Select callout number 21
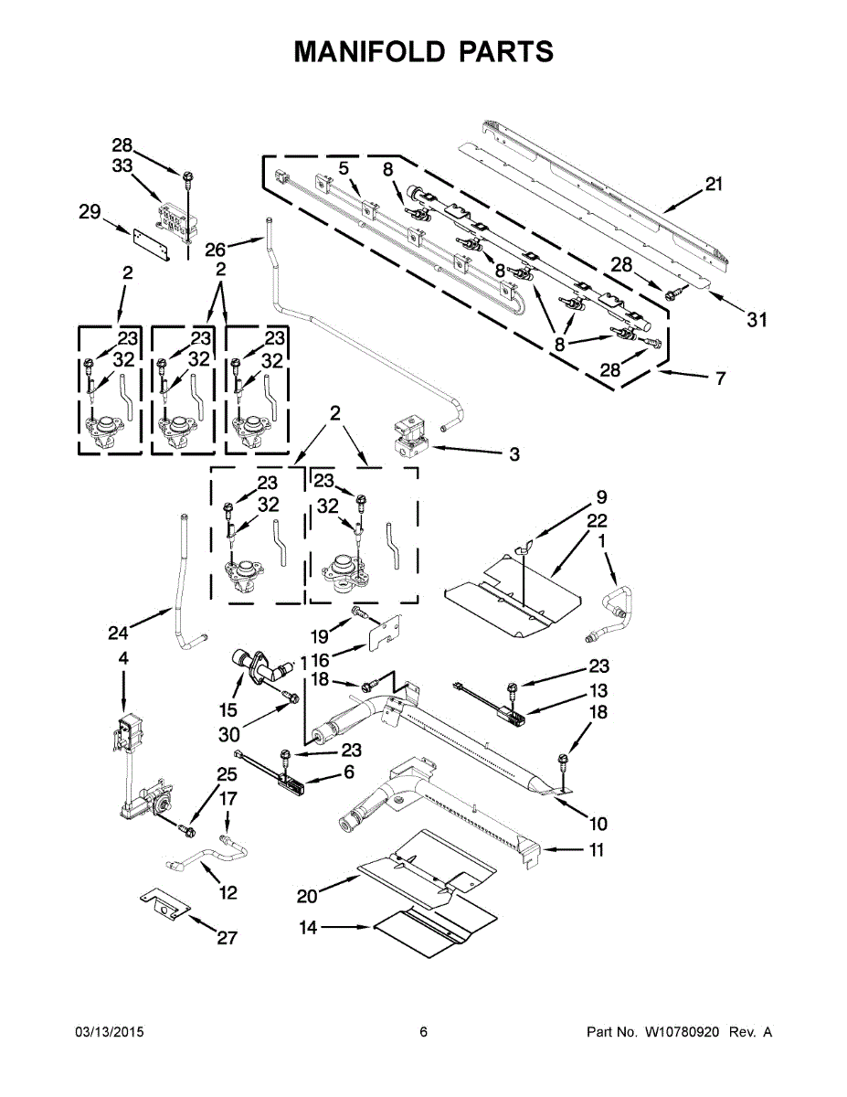point(714,184)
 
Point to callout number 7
point(720,378)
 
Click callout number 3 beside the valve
point(513,453)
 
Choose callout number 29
point(89,212)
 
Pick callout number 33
point(122,165)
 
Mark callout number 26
point(215,249)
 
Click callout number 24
point(118,632)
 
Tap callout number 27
point(227,937)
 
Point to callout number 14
point(309,928)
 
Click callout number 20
point(309,895)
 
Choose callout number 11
point(596,850)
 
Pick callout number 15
point(228,710)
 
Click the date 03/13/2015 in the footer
point(110,1032)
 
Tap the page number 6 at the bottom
point(423,1032)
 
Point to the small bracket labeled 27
point(164,903)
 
